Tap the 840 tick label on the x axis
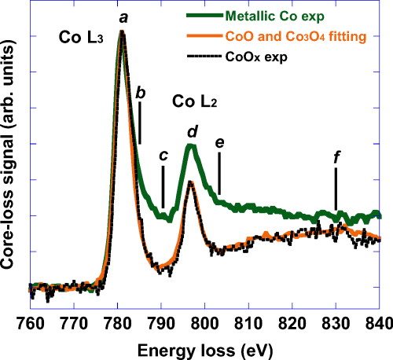(x=380, y=322)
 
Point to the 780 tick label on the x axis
(x=117, y=322)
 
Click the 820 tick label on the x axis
(x=292, y=322)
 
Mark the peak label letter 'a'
(x=122, y=16)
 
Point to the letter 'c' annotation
(x=163, y=155)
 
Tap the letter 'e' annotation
(x=219, y=141)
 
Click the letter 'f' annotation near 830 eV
(x=336, y=156)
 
